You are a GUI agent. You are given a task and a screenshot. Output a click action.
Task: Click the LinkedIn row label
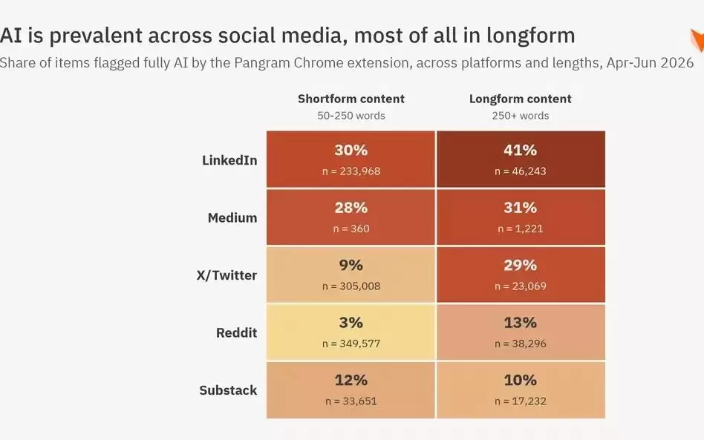[229, 160]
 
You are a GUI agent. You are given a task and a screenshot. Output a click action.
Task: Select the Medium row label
[232, 217]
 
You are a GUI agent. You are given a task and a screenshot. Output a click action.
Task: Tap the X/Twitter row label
[226, 275]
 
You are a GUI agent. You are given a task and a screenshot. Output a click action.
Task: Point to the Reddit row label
[237, 333]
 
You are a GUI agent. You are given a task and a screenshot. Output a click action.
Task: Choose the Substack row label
[228, 390]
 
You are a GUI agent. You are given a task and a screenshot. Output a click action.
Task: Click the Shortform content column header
[351, 99]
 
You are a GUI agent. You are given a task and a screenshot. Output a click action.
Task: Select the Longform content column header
[521, 99]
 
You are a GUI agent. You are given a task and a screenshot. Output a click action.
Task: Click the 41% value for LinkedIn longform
[520, 150]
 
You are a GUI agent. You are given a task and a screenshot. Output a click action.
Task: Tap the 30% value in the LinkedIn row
[351, 150]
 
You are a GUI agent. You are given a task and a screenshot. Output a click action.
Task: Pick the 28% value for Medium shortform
[351, 208]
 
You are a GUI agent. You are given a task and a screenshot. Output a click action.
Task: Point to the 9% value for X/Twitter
[351, 265]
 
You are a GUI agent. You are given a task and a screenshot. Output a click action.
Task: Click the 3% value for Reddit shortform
[351, 323]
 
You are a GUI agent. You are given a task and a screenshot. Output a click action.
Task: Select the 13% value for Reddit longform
[520, 323]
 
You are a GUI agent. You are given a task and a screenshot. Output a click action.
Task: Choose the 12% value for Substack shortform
[351, 381]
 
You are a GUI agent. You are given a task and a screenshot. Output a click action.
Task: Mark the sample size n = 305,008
[351, 286]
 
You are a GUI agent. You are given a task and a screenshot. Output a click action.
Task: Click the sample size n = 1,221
[521, 229]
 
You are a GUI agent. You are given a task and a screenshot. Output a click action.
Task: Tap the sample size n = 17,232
[521, 401]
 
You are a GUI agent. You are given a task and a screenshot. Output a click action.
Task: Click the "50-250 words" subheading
[351, 116]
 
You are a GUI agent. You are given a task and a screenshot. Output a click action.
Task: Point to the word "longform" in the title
[531, 36]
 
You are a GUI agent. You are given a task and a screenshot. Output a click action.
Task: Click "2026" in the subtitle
[677, 63]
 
